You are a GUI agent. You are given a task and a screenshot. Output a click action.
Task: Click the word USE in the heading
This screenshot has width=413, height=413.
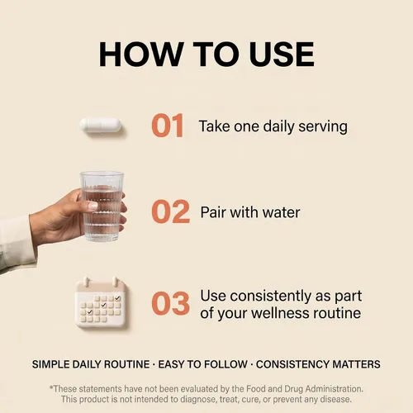[282, 54]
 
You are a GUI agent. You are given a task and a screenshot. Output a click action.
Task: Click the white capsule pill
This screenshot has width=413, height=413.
[101, 126]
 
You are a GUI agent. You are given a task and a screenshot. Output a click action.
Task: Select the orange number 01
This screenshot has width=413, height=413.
[168, 126]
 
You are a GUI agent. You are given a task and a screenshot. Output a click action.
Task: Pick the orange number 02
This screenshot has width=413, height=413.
[171, 211]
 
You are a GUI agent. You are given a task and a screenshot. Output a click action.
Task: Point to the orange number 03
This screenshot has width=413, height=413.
[171, 303]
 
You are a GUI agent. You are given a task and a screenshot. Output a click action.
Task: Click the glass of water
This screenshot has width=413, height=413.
[102, 206]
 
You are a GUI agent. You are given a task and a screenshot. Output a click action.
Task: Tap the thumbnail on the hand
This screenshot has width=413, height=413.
[93, 206]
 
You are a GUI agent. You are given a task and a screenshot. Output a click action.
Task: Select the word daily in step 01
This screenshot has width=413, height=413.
[279, 126]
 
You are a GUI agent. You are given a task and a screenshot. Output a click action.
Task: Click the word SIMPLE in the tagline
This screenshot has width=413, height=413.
[50, 364]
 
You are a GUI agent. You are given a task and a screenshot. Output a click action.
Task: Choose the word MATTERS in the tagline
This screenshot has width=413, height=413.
[357, 364]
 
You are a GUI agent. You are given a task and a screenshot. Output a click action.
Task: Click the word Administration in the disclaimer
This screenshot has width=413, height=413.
[335, 389]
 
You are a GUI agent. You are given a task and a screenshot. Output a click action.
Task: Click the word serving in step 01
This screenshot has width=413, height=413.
[323, 126]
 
